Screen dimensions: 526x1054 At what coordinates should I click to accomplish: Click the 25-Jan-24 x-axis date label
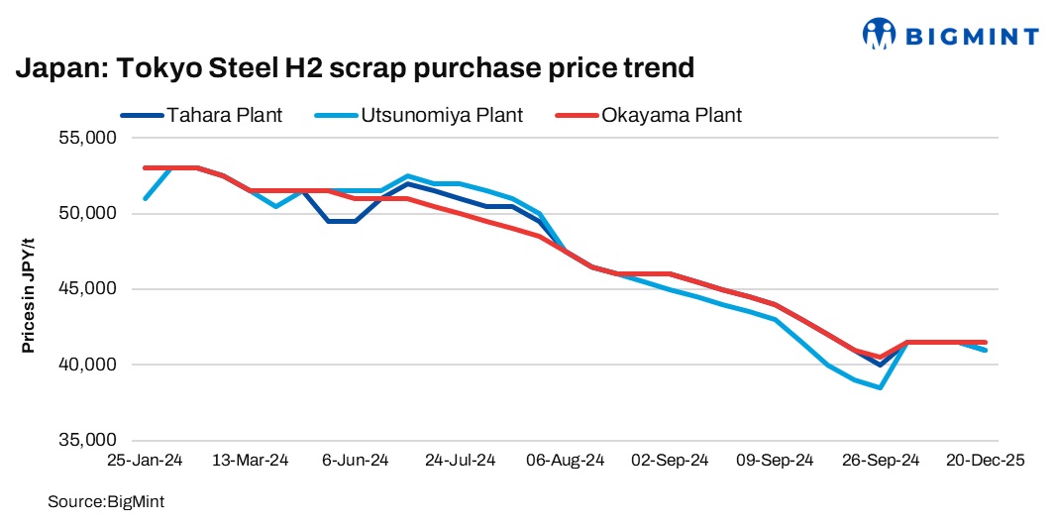(145, 461)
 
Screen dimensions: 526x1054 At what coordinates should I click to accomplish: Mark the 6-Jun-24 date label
(355, 461)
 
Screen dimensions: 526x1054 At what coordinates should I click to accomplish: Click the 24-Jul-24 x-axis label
(460, 461)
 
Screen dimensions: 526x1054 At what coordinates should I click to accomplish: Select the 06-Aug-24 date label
(565, 461)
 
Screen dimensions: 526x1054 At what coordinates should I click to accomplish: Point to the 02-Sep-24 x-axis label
(670, 461)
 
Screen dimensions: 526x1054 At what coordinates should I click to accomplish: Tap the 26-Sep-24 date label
(880, 461)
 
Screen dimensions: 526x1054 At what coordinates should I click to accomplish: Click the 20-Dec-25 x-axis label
(985, 461)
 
